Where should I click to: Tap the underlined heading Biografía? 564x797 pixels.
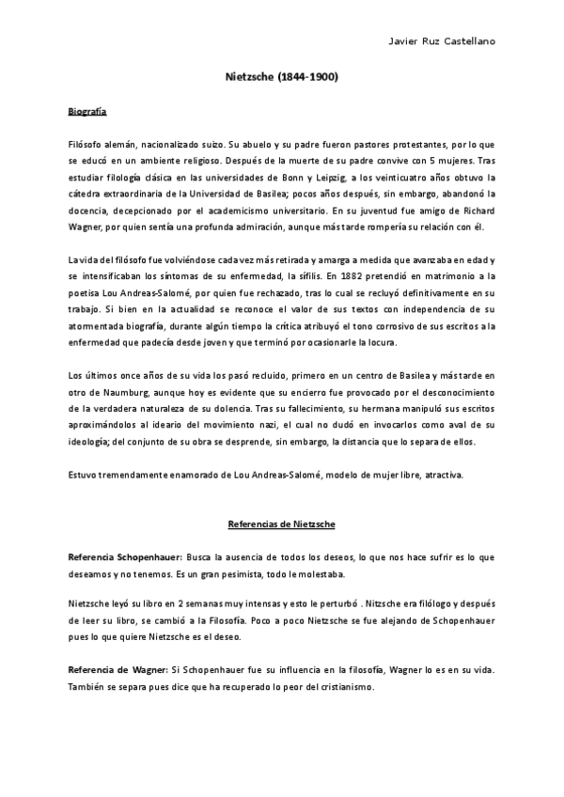87,112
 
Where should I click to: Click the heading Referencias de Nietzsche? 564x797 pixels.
282,523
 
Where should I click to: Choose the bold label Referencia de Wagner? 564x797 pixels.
116,670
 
